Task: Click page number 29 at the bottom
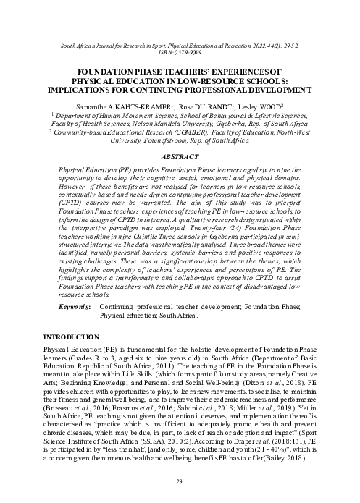tap(180, 481)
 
